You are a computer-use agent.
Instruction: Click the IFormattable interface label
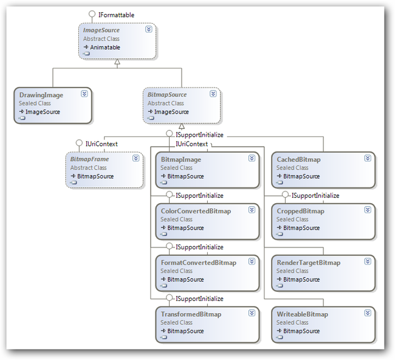point(116,15)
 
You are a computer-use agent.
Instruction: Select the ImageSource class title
point(101,30)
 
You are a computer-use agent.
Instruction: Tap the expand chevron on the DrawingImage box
point(84,94)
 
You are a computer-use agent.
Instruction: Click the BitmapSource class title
point(167,95)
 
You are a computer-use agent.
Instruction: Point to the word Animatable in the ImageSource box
point(105,47)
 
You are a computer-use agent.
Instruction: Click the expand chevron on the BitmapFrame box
point(136,158)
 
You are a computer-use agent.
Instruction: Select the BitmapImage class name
point(181,159)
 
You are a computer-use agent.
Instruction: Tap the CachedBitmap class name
point(298,159)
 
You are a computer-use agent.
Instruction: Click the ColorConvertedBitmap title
point(196,211)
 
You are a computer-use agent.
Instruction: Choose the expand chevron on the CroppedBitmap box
point(368,210)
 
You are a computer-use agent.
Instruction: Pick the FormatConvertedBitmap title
point(199,263)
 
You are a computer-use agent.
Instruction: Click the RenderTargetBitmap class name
point(308,263)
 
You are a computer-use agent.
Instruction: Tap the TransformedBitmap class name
point(191,314)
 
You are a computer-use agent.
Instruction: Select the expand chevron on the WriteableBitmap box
point(368,313)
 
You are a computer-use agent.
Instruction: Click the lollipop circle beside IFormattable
point(92,13)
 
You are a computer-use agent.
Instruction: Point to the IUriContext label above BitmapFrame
point(101,144)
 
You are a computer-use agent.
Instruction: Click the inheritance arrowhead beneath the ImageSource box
point(117,62)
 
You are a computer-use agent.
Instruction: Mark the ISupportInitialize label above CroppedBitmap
point(315,196)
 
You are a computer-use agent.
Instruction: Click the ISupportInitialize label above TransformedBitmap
point(199,299)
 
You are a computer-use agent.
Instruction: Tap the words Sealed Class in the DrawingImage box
point(35,103)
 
